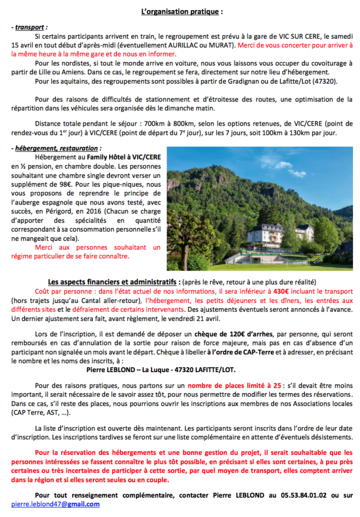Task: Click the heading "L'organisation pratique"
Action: pos(181,11)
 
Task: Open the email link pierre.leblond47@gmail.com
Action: pos(55,504)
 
